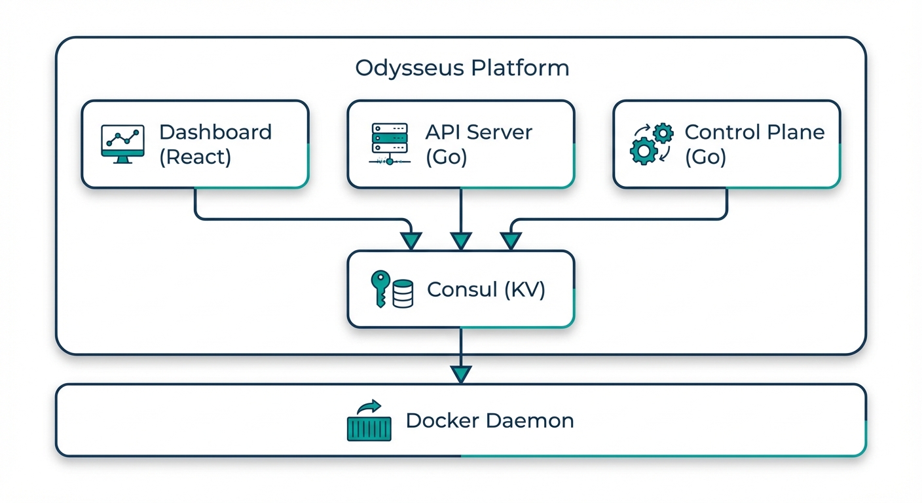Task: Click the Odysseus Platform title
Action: (462, 68)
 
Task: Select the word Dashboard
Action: (215, 132)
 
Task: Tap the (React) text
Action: (195, 157)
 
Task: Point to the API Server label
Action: (479, 132)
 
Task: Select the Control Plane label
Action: (754, 132)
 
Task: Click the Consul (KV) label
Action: (486, 289)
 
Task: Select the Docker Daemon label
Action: (489, 420)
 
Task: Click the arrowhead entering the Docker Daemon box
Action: (461, 374)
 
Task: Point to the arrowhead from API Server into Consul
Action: (461, 241)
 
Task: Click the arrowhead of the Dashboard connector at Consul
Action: (411, 241)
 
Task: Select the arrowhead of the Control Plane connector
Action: (511, 241)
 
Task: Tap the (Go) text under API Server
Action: (446, 157)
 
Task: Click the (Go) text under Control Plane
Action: (705, 157)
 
